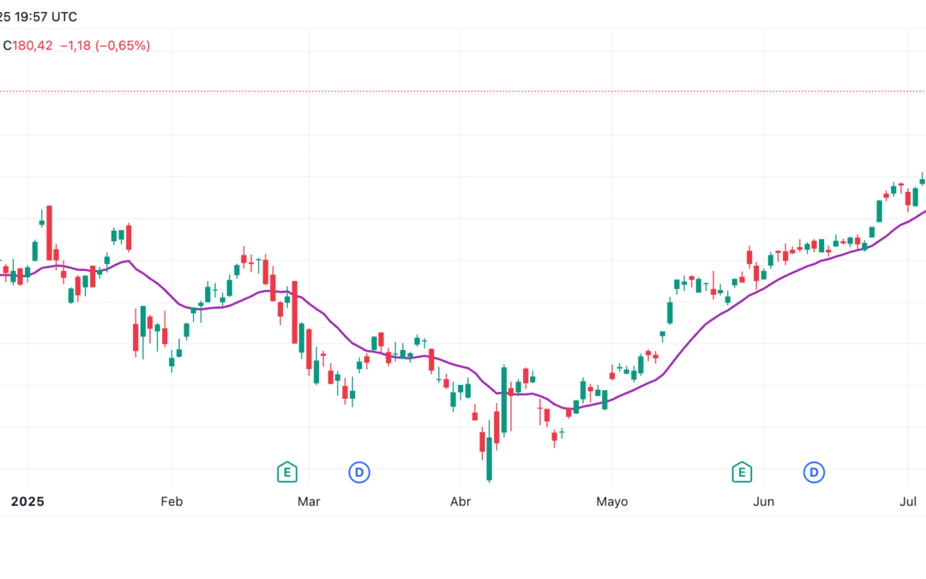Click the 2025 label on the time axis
pyautogui.click(x=27, y=501)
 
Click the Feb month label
pyautogui.click(x=171, y=501)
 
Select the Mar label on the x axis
pyautogui.click(x=309, y=501)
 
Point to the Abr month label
pyautogui.click(x=460, y=501)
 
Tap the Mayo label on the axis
pyautogui.click(x=612, y=501)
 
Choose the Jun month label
pyautogui.click(x=763, y=501)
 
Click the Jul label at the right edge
pyautogui.click(x=908, y=501)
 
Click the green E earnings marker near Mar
pyautogui.click(x=286, y=471)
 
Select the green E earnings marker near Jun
pyautogui.click(x=741, y=471)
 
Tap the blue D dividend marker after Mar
pyautogui.click(x=359, y=471)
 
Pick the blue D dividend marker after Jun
pyautogui.click(x=813, y=471)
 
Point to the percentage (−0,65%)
pyautogui.click(x=123, y=45)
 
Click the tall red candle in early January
pyautogui.click(x=49, y=232)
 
